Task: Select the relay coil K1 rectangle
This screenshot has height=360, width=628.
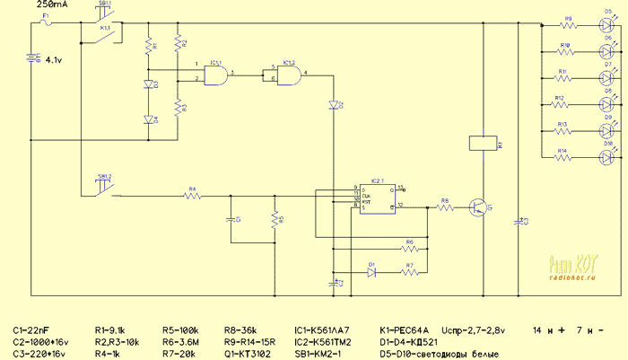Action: pos(479,144)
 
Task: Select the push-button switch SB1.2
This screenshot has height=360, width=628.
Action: pos(104,185)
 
